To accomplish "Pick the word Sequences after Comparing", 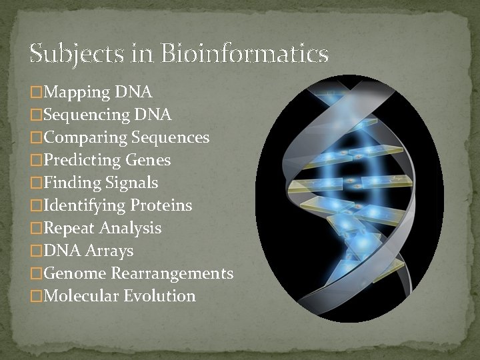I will [171, 137].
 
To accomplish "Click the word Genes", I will [147, 160].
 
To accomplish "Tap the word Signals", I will [131, 183].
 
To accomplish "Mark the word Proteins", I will [161, 205].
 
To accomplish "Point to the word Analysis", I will [131, 228].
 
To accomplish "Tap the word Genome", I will [75, 273].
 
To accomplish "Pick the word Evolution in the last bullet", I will [160, 296].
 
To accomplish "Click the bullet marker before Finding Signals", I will [36, 183].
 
